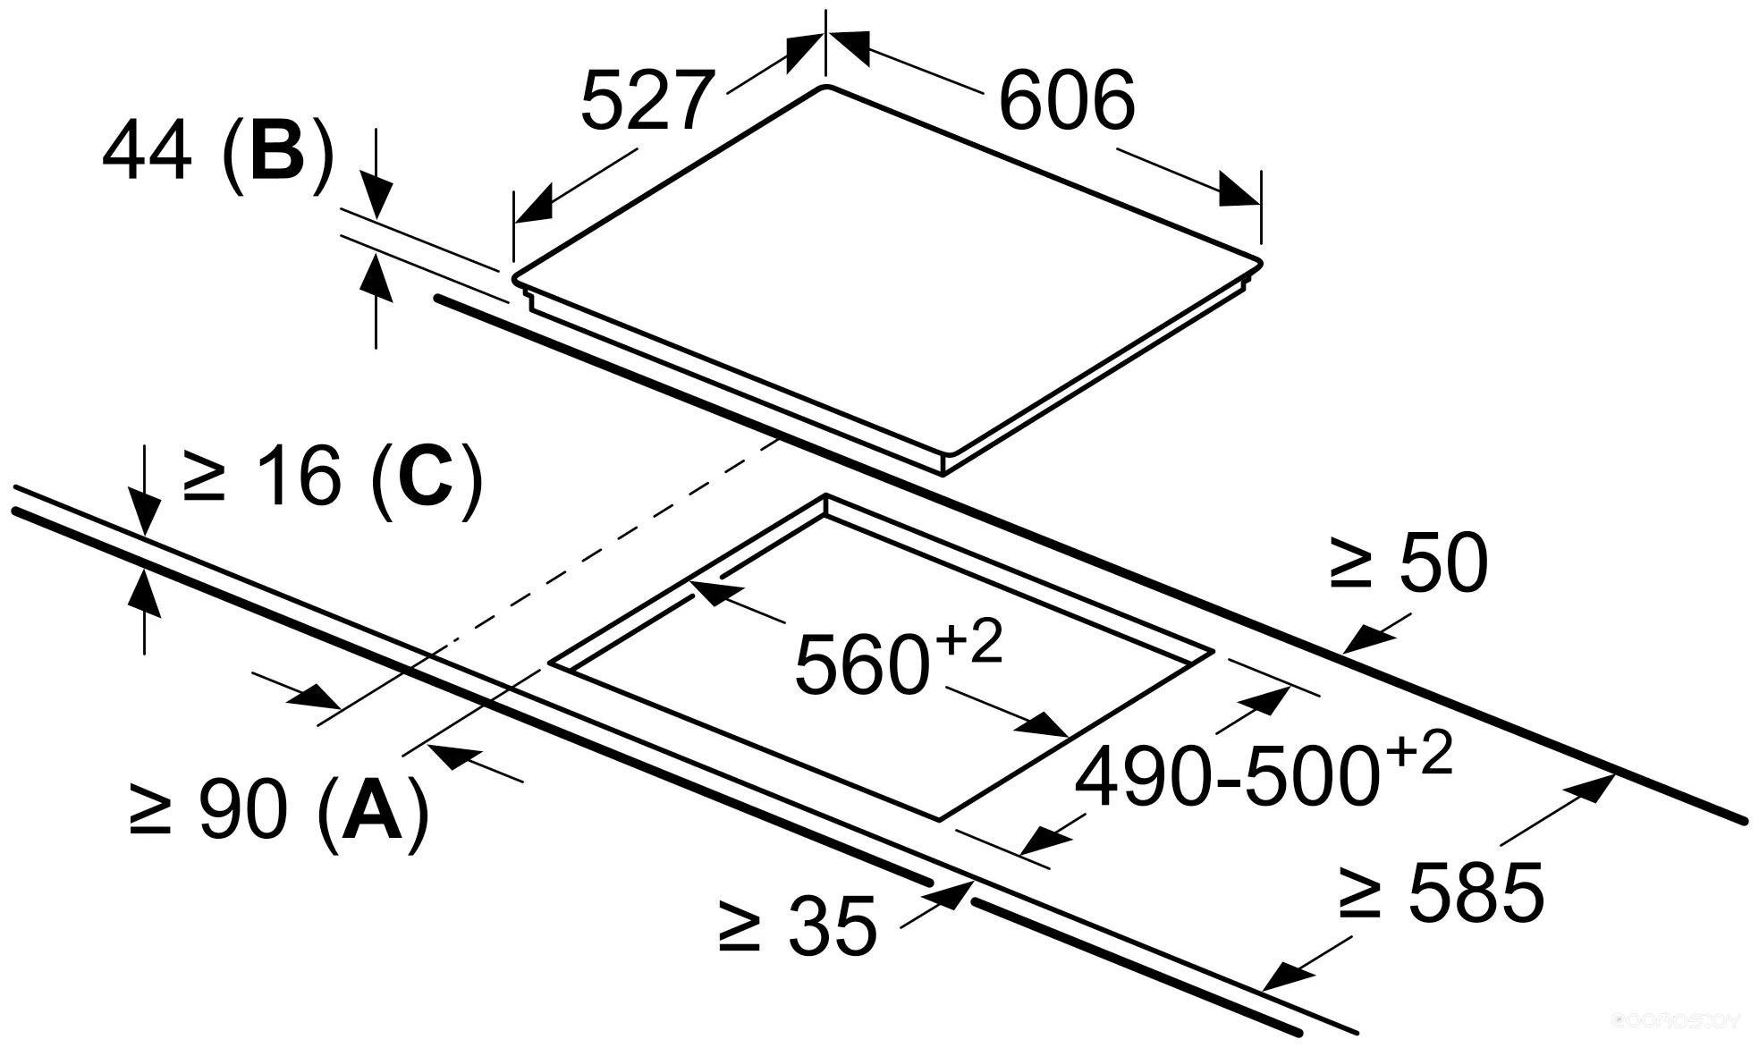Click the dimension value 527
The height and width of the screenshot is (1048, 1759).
coord(648,100)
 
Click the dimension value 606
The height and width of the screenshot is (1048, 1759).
coord(1066,100)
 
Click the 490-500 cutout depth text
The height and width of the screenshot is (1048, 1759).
coord(1225,780)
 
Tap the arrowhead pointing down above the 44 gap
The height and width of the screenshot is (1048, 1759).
coord(377,199)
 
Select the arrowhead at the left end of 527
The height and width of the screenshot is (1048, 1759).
coord(533,207)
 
